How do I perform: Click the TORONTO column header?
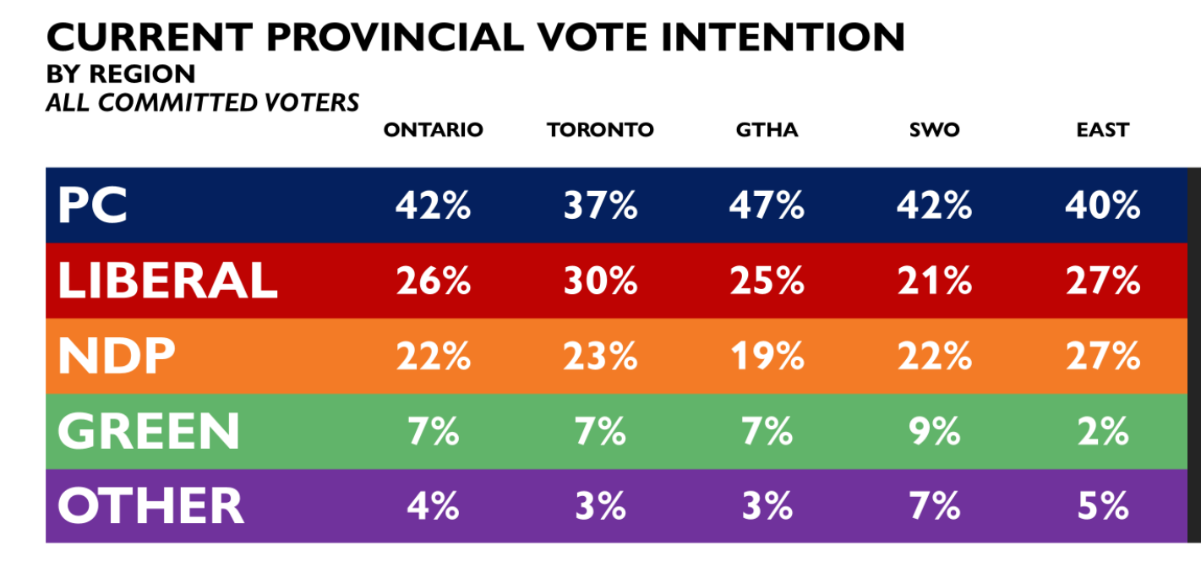coord(600,130)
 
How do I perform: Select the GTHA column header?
coord(767,130)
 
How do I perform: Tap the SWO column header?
coord(935,130)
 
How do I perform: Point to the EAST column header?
coord(1103,130)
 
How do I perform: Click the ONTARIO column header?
coord(433,130)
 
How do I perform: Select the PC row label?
coord(93,205)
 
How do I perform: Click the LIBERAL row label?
coord(167,281)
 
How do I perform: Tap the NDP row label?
coord(117,356)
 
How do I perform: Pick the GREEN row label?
coord(149,431)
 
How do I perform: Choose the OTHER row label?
coord(151,505)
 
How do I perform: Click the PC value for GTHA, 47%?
coord(767,205)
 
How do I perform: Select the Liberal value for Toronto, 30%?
coord(600,281)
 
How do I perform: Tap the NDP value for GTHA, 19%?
coord(767,356)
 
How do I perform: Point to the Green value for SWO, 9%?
coord(935,431)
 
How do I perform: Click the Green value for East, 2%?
coord(1103,431)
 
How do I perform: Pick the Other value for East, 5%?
coord(1103,505)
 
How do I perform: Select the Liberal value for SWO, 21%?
coord(935,281)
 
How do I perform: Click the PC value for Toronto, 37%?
coord(600,205)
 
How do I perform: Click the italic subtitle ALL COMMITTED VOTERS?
coord(202,102)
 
